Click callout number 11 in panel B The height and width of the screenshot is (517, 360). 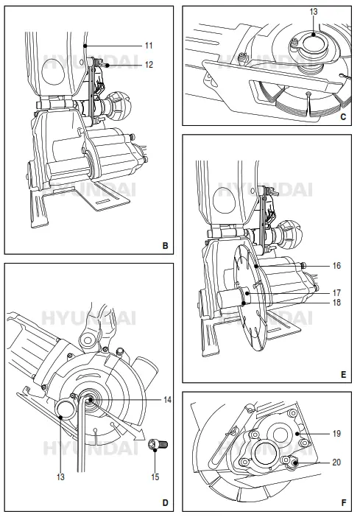click(x=148, y=45)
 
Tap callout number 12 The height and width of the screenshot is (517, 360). click(x=149, y=65)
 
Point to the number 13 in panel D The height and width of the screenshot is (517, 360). click(x=60, y=476)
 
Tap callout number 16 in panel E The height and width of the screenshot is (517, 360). click(x=336, y=264)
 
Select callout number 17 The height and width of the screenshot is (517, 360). click(x=336, y=292)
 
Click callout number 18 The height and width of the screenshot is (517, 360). click(x=336, y=301)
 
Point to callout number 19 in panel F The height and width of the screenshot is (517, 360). click(x=336, y=435)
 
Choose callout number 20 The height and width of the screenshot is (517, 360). click(x=336, y=463)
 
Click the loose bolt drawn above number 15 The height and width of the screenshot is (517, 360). click(x=156, y=444)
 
